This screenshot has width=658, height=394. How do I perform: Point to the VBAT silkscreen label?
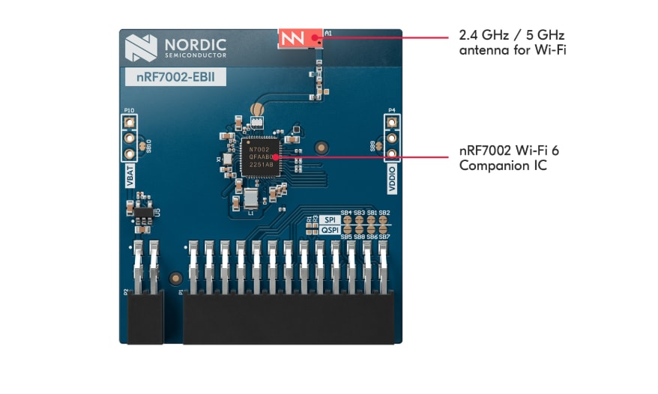coord(130,176)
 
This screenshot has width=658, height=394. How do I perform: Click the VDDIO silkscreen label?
coord(390,178)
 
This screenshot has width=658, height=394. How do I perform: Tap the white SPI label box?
coord(330,219)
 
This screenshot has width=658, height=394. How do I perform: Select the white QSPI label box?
coord(330,231)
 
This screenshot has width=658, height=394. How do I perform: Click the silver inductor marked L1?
coord(250,198)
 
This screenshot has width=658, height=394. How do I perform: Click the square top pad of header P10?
coord(130,121)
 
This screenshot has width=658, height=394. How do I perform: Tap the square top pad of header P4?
coord(390,121)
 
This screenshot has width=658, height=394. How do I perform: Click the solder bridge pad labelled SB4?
coord(346,222)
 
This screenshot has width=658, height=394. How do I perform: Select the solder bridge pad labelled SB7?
coord(384,229)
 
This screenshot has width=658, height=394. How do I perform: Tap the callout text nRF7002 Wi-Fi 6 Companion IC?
coord(509,157)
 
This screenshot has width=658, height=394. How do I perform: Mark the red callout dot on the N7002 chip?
coord(276,157)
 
